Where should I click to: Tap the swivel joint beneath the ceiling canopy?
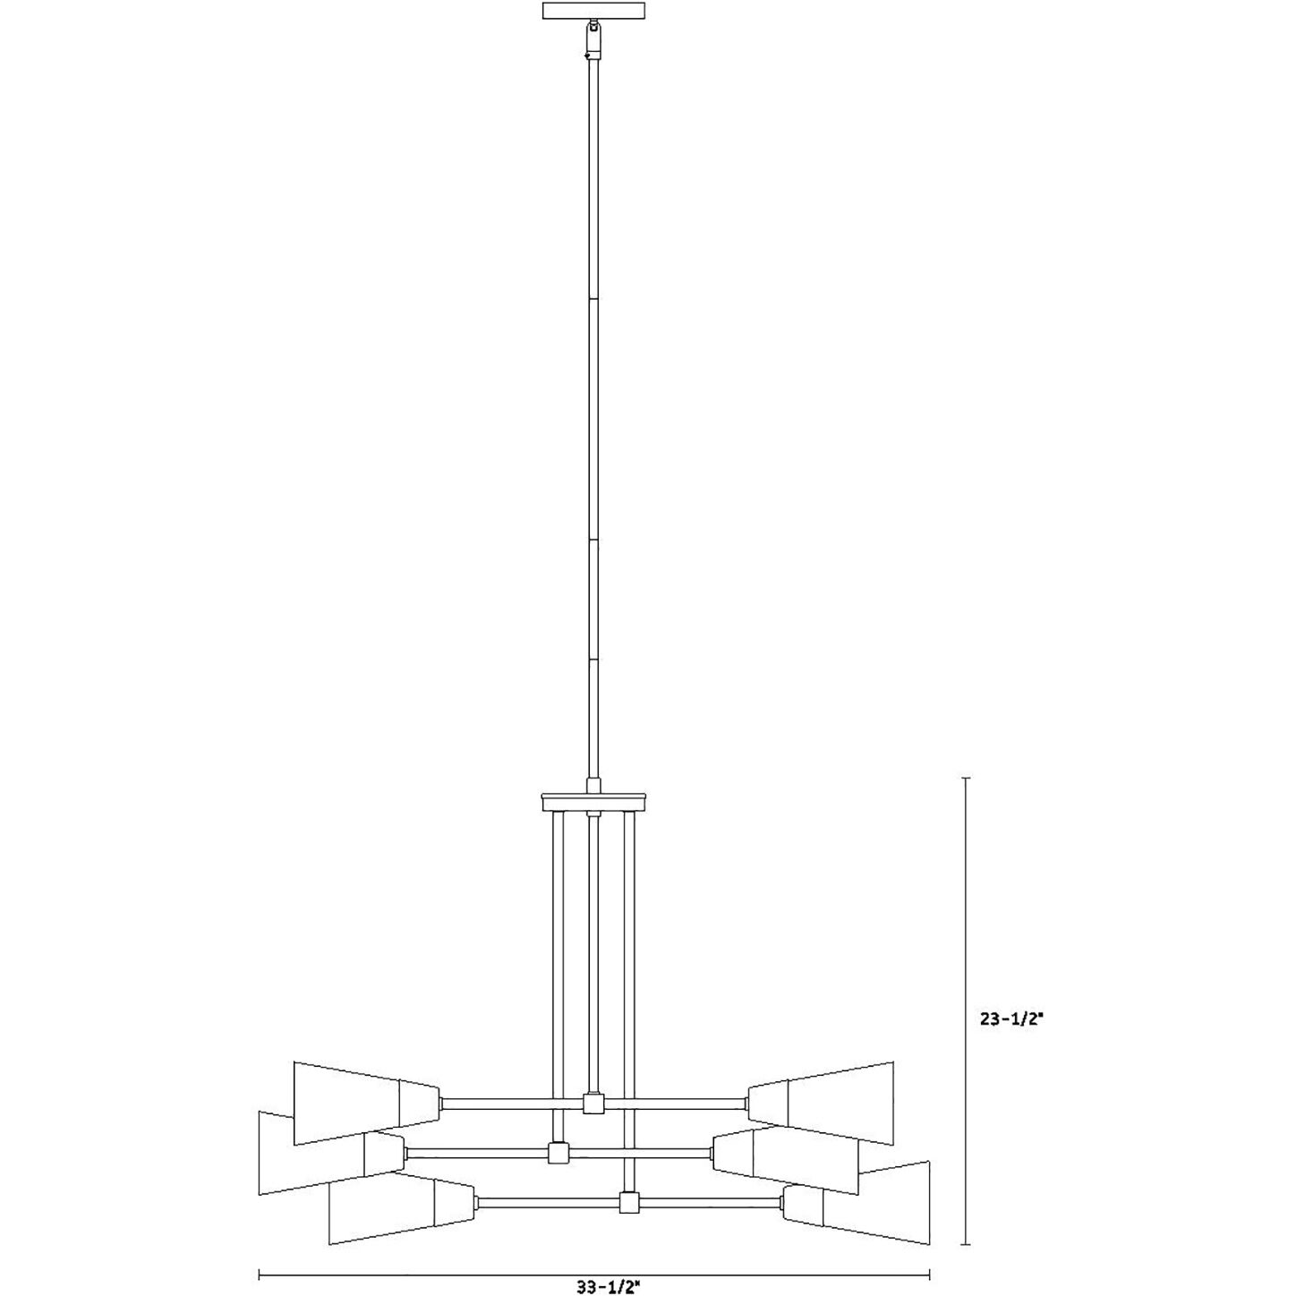[593, 41]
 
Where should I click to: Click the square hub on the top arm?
[593, 1104]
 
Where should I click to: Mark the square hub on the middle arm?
[559, 1153]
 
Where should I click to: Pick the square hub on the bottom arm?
[630, 1202]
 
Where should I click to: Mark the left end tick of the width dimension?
[260, 1272]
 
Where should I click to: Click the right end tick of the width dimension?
[930, 1272]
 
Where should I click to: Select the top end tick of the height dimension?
[965, 778]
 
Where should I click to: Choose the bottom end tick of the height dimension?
[965, 1244]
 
